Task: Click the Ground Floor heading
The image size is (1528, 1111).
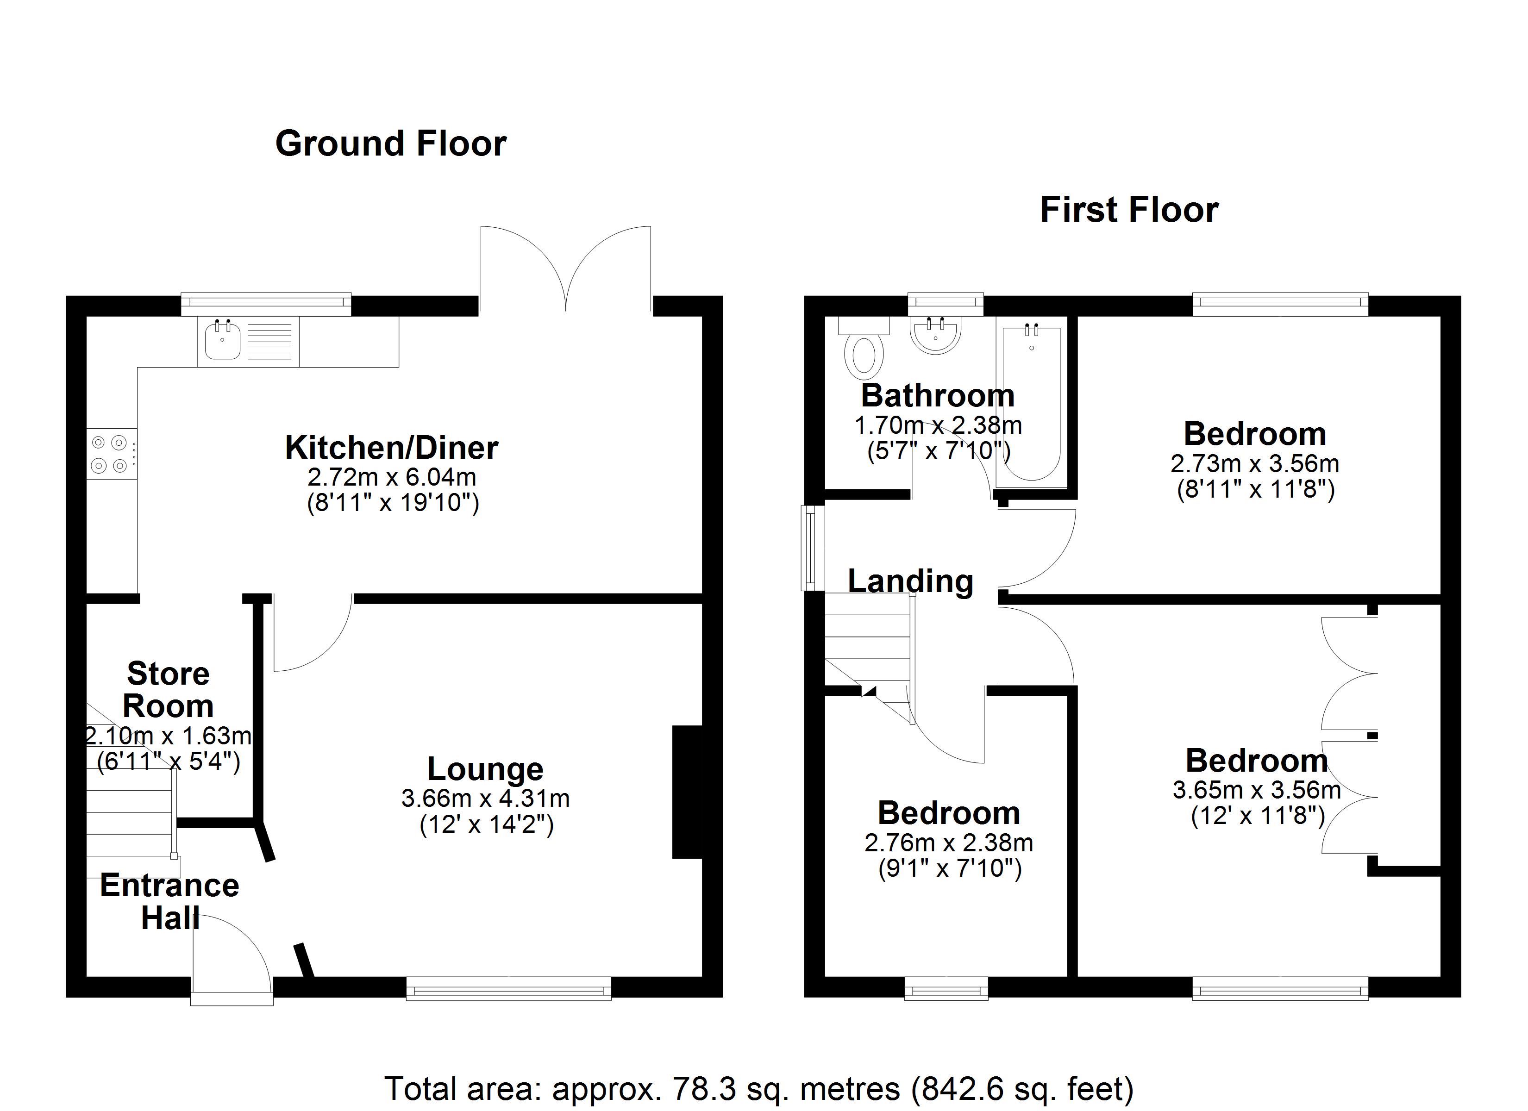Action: click(x=391, y=144)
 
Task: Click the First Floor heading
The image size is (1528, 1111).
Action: click(x=1129, y=210)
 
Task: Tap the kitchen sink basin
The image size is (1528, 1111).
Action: click(x=222, y=342)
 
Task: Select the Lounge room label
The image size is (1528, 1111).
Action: click(x=485, y=769)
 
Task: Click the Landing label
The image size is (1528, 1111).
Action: click(x=910, y=581)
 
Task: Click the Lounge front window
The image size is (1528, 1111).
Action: click(x=509, y=988)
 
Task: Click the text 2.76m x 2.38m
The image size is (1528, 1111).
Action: click(x=949, y=842)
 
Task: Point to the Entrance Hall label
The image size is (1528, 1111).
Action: click(x=170, y=901)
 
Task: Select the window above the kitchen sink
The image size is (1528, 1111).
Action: click(x=266, y=304)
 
